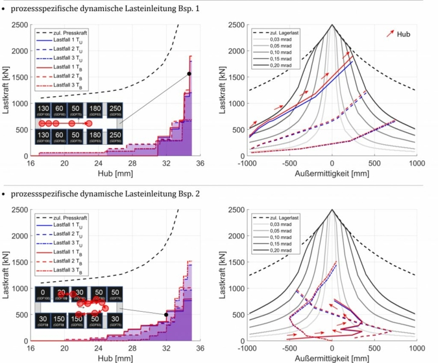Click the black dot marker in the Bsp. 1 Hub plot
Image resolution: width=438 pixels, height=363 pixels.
point(189,74)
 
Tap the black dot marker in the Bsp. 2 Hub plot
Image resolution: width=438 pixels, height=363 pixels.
point(166,315)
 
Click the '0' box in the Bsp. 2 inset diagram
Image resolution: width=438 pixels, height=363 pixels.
point(43,294)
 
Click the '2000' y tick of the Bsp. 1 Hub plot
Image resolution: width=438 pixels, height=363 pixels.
point(20,51)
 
